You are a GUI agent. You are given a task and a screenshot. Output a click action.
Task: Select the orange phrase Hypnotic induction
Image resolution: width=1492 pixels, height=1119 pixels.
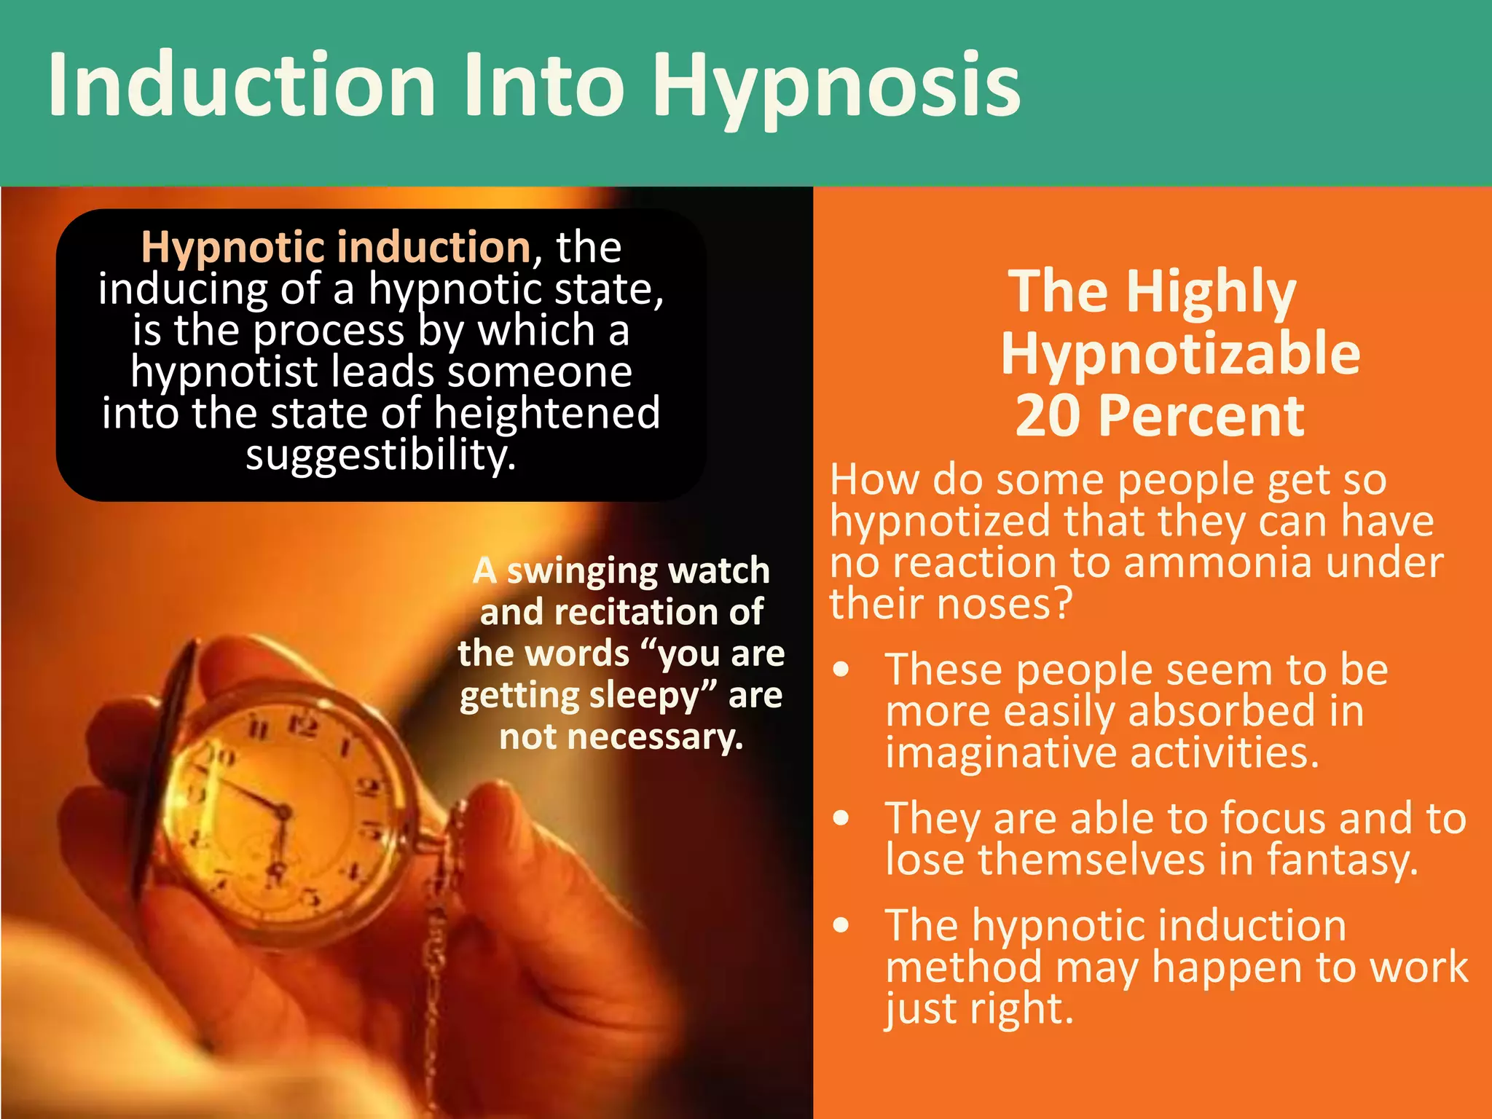[336, 247]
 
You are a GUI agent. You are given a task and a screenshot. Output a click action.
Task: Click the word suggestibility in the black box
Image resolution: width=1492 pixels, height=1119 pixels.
[380, 455]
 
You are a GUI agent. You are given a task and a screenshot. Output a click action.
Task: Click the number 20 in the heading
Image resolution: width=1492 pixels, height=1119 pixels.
[1050, 416]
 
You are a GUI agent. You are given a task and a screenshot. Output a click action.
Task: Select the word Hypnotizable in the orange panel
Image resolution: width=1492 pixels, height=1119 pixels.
[1180, 354]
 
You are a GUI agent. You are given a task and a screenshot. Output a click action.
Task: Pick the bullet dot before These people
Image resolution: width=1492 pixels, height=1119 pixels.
[842, 670]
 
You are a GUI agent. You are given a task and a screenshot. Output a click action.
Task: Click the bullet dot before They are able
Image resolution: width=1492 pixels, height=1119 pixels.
[842, 818]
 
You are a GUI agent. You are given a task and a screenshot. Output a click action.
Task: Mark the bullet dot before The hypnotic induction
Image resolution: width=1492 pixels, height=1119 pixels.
[842, 925]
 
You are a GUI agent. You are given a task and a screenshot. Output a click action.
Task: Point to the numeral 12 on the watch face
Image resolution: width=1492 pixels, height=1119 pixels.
[302, 725]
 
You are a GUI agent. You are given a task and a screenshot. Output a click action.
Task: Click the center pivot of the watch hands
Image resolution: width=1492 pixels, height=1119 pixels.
[283, 811]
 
